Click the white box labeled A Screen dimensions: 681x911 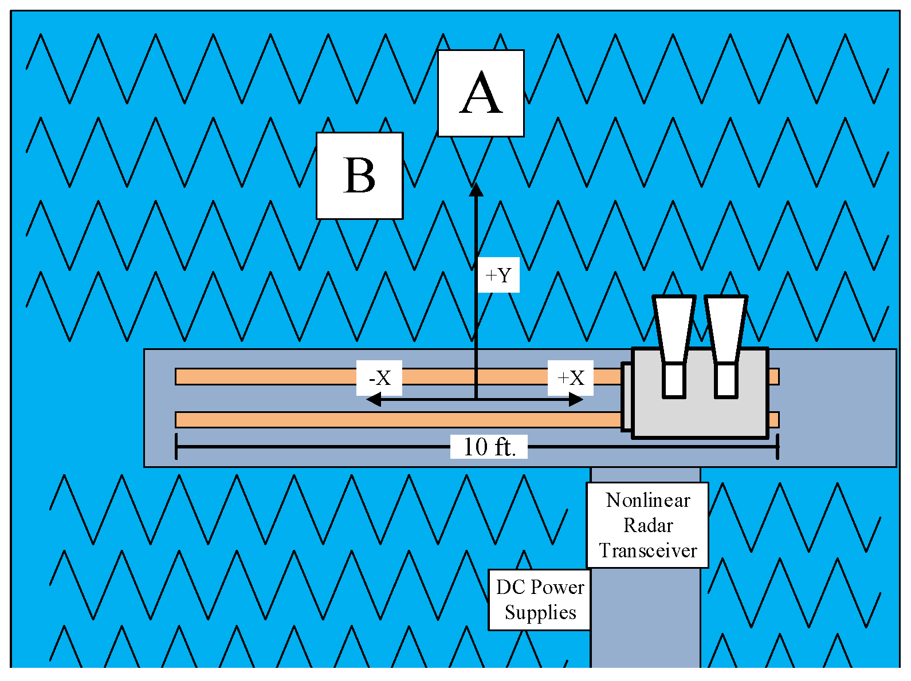click(480, 93)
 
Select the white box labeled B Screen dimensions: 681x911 click(359, 176)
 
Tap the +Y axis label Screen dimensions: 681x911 click(498, 275)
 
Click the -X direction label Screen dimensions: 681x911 click(379, 377)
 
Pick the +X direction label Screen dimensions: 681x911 click(570, 377)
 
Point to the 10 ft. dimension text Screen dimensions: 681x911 click(489, 447)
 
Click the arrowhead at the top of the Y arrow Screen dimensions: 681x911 click(476, 190)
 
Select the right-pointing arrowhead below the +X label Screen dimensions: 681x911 click(576, 400)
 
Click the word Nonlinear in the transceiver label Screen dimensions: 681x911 click(647, 500)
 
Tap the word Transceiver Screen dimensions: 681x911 click(647, 550)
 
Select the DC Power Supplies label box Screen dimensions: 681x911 click(539, 600)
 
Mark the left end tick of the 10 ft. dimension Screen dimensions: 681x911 click(176, 447)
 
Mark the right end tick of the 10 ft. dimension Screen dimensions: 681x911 click(777, 447)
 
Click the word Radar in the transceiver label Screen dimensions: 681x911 click(647, 525)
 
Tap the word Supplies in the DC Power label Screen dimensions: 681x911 click(540, 612)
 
